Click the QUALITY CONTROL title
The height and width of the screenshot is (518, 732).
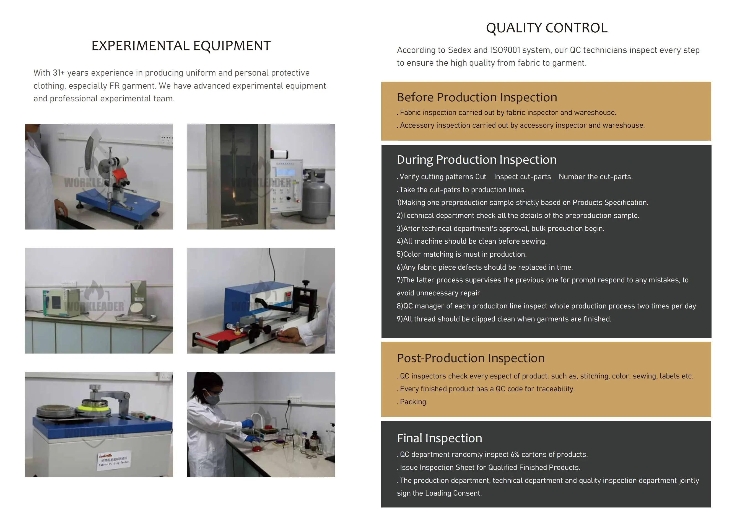[x=546, y=28]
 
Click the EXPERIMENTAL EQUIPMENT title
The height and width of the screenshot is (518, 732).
[x=181, y=46]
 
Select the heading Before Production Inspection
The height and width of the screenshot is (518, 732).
[x=477, y=97]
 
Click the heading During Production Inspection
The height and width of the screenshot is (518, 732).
[x=477, y=159]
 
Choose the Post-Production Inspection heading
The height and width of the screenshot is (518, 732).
[x=471, y=358]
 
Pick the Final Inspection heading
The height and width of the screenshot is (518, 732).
[x=439, y=438]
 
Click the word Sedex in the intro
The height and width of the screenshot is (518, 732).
[x=460, y=50]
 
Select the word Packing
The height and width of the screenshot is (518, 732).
[x=414, y=402]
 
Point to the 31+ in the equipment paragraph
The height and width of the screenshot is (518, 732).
[x=59, y=73]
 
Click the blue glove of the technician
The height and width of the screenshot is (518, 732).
[x=247, y=424]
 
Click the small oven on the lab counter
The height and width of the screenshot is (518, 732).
[x=61, y=301]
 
